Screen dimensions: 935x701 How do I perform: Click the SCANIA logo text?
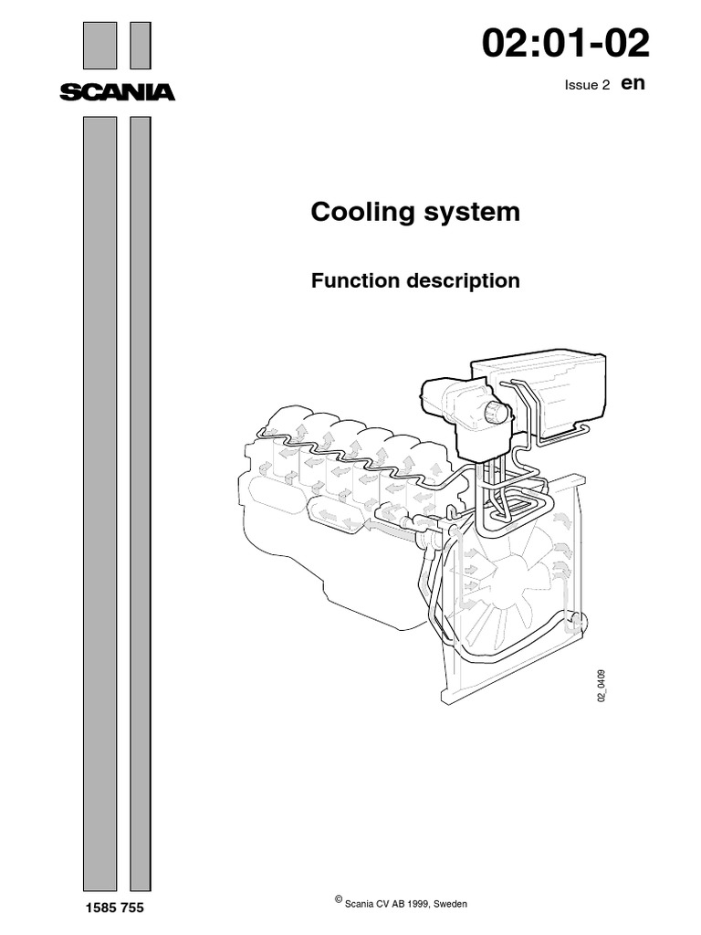point(117,91)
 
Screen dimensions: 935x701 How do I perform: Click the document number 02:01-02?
point(572,44)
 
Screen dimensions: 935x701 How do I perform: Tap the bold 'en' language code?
point(633,83)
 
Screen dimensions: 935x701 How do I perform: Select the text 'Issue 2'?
point(588,85)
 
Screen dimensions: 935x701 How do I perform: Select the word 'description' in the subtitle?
point(466,281)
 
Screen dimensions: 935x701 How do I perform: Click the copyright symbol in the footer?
point(340,900)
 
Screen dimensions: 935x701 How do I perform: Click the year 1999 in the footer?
point(407,903)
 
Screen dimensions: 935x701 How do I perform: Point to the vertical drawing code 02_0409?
point(602,684)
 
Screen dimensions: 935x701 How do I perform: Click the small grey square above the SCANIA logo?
point(140,46)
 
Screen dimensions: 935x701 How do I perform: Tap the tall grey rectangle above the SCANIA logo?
point(99,46)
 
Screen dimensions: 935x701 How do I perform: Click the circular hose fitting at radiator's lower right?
point(574,623)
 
